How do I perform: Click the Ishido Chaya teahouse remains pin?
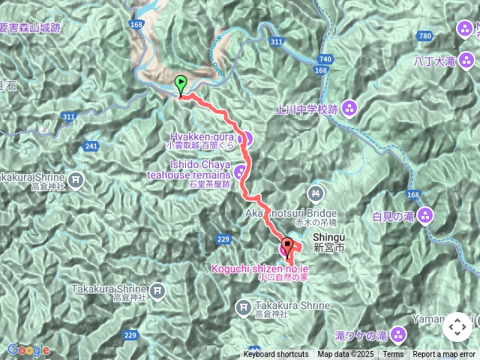[240, 172]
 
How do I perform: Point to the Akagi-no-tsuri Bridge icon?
[316, 193]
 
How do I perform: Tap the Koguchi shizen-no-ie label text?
[259, 268]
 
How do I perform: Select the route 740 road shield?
[325, 58]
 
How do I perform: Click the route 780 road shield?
[425, 36]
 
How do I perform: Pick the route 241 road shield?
[92, 146]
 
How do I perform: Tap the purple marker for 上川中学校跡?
[349, 109]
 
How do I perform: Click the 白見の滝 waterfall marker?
[426, 217]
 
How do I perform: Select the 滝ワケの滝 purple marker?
[397, 334]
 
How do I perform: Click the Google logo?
[28, 349]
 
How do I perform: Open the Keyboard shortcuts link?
[275, 355]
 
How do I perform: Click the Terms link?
[393, 355]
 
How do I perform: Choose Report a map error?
[444, 355]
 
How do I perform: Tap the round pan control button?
[457, 327]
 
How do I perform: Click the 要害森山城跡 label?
[30, 28]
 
